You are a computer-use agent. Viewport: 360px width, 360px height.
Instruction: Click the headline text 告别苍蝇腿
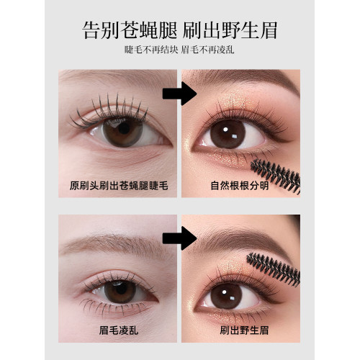130,30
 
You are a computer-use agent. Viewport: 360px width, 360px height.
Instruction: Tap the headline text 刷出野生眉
230,30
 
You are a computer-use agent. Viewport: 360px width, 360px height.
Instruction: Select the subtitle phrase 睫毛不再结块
151,50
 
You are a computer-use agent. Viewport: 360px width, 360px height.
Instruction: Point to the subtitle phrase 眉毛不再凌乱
207,50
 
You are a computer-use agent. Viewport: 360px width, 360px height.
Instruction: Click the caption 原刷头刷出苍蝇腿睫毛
119,186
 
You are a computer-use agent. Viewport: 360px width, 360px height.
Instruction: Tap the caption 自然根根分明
240,186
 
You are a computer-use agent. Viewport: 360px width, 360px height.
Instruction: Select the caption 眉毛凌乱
119,330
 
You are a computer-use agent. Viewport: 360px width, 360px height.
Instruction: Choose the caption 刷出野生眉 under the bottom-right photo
244,330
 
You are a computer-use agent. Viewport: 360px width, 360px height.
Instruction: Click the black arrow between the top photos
179,94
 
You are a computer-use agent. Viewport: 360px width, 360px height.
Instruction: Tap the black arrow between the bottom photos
179,238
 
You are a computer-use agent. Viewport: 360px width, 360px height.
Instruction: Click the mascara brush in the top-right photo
276,175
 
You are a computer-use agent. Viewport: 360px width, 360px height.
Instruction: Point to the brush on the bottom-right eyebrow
274,269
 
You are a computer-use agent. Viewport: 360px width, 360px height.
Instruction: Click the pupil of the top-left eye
124,128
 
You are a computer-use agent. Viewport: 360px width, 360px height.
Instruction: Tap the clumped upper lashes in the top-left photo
109,110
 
